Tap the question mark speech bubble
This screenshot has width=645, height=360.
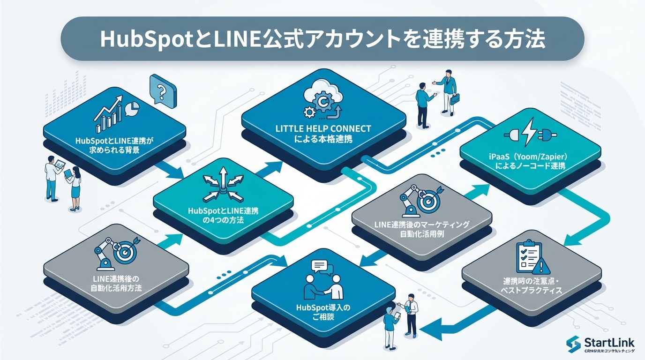coord(162,90)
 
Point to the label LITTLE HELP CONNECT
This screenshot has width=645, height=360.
coord(323,129)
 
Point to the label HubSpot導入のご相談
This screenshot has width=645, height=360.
coord(323,313)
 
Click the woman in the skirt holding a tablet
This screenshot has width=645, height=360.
coord(74,187)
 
